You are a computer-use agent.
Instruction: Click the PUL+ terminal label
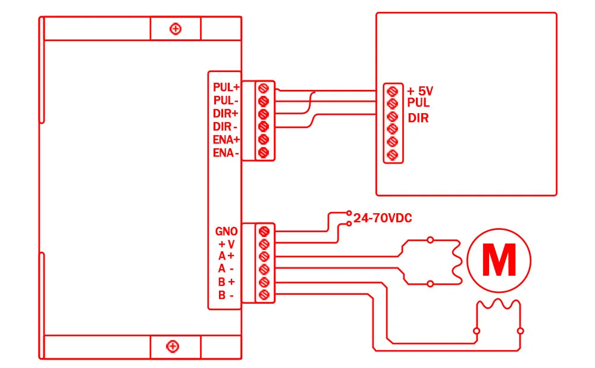tap(226, 88)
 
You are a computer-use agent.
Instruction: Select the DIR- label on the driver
tap(226, 126)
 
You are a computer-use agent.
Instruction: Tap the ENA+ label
tap(226, 140)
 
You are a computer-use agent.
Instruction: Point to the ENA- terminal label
tap(226, 152)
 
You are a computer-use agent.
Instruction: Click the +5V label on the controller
tap(420, 91)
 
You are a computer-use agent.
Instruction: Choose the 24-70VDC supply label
tap(383, 218)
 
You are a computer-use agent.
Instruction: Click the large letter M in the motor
tap(499, 260)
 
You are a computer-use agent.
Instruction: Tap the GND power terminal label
tap(226, 231)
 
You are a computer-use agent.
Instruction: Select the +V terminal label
tap(227, 244)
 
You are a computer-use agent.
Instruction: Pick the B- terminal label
tap(226, 295)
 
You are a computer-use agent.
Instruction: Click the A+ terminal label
tap(226, 256)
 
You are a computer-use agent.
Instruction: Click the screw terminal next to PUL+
tap(264, 89)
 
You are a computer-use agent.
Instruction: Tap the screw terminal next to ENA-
tap(264, 152)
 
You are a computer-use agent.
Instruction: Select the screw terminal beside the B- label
tap(264, 294)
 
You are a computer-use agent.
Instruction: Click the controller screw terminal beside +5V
tap(392, 91)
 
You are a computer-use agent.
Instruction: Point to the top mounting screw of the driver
tap(176, 29)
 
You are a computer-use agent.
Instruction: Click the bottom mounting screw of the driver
tap(173, 347)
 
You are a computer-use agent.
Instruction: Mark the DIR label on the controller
tap(418, 118)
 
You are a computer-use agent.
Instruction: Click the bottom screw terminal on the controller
tap(392, 155)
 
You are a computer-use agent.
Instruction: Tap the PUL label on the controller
tap(418, 102)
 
